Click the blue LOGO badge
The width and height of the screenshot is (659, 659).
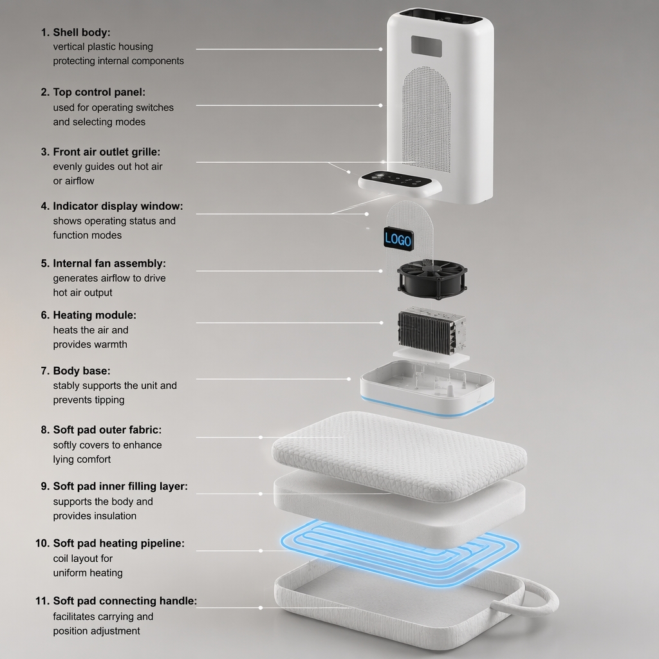click(x=398, y=239)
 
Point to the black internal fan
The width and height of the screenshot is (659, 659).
click(x=432, y=279)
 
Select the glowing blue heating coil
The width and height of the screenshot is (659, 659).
click(x=400, y=553)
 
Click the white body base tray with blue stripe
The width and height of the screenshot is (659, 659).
click(x=427, y=389)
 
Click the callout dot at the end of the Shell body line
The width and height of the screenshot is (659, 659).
click(x=381, y=49)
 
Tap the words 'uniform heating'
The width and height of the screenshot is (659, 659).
click(x=88, y=573)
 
